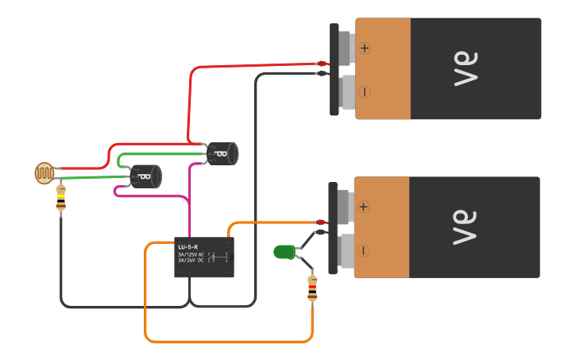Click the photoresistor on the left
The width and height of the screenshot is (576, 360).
44,172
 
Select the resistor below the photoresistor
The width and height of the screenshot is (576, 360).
61,199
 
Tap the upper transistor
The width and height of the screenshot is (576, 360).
222,153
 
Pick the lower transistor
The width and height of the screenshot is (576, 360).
146,176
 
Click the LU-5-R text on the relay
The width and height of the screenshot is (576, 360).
187,247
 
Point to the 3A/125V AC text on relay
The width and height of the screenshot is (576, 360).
191,254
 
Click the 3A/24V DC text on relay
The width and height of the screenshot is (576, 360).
191,260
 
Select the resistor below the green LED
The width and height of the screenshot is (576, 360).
312,288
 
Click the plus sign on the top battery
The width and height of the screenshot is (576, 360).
365,48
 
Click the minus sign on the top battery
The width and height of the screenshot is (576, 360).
365,92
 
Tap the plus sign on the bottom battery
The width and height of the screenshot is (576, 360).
363,207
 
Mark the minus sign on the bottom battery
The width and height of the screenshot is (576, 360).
363,251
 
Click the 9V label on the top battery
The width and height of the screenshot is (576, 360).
467,69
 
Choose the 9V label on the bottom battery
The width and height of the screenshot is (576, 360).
466,227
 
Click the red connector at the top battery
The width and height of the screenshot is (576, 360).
321,64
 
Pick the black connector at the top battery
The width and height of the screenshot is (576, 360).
321,74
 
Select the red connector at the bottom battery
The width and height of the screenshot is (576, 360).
320,223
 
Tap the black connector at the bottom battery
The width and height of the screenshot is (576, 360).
320,232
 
